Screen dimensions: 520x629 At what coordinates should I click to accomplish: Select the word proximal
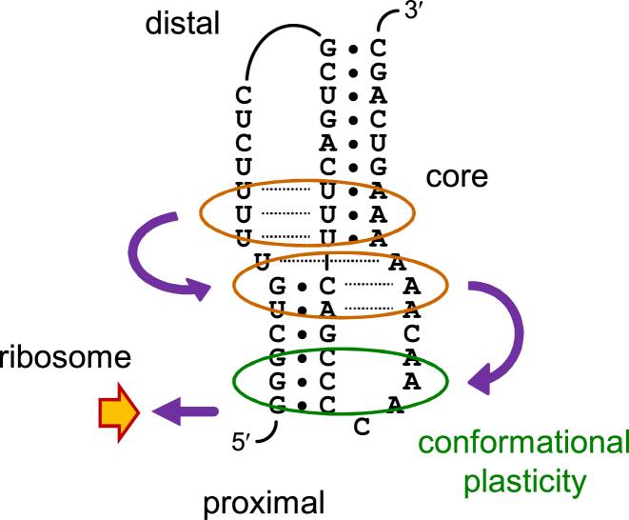pyautogui.click(x=264, y=499)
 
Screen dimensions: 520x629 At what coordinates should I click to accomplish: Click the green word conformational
pyautogui.click(x=525, y=443)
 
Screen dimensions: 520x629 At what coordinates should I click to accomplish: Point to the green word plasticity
pyautogui.click(x=525, y=482)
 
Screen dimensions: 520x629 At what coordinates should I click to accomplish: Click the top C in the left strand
pyautogui.click(x=245, y=94)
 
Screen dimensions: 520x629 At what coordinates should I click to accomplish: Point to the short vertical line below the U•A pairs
pyautogui.click(x=326, y=259)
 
